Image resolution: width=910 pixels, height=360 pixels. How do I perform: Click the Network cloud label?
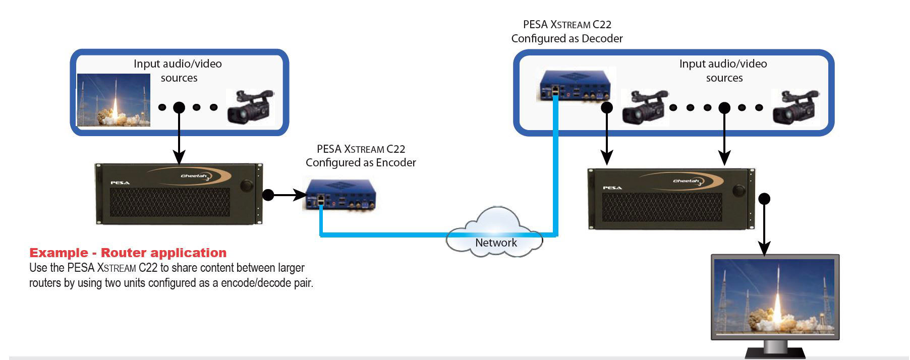[496, 243]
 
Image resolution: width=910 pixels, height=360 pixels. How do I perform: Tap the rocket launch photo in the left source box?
[113, 100]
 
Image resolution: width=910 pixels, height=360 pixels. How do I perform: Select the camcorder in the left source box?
[250, 106]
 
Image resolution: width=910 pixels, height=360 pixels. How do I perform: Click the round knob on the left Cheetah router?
[246, 185]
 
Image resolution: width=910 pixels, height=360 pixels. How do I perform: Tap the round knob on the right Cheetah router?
[739, 190]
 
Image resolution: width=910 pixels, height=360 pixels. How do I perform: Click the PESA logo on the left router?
[120, 183]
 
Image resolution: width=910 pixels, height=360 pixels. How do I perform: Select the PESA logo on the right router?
[612, 188]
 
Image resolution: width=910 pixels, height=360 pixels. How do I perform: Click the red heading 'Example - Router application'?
[128, 253]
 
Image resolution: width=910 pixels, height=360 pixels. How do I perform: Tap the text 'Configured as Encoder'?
[361, 163]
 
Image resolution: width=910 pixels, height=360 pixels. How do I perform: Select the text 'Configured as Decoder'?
[567, 39]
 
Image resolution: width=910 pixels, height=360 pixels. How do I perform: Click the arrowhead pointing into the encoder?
[301, 195]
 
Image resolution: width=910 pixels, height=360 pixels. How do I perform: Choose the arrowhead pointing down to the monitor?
[765, 249]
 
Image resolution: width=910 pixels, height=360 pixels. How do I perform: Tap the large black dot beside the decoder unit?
[607, 107]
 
